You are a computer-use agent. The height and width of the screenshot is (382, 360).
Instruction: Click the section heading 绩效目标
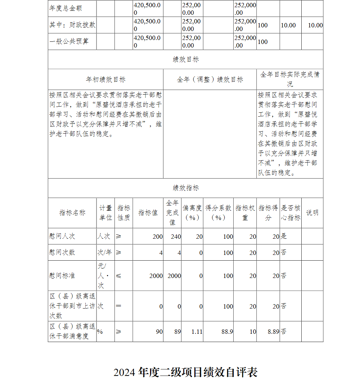[x=185, y=59]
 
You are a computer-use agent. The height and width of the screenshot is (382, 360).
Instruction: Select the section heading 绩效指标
[x=185, y=188]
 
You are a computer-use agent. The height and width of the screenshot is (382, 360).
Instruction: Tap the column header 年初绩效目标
[x=105, y=80]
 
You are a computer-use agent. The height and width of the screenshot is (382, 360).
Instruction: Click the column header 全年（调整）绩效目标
[x=210, y=80]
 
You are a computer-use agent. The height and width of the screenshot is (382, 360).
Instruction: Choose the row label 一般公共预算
[x=69, y=41]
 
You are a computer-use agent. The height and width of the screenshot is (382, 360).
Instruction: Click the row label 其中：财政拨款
[x=72, y=25]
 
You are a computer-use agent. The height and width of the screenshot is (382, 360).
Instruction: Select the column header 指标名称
[x=72, y=213]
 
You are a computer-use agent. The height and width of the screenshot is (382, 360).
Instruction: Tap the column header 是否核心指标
[x=291, y=213]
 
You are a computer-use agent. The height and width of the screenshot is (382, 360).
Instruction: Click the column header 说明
[x=312, y=213]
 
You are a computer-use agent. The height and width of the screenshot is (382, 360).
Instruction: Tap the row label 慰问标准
[x=62, y=276]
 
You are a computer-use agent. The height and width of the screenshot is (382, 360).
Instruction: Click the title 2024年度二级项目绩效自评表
[x=185, y=372]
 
